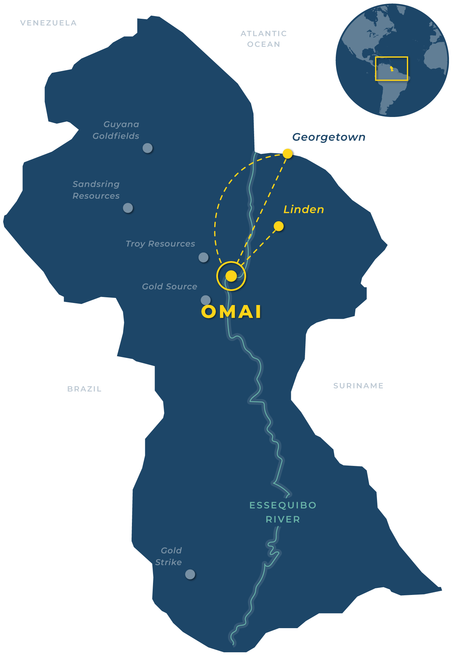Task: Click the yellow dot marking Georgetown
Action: coord(288,154)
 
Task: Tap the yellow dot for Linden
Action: coord(279,226)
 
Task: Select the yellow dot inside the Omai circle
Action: coord(231,276)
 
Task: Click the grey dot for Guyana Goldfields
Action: coord(147,148)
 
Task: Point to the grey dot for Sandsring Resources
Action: coord(128,208)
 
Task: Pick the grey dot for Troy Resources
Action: coord(203,257)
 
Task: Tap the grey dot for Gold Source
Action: coord(206,300)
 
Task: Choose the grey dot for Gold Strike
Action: coord(190,574)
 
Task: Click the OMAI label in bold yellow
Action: coord(231,312)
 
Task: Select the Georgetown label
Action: coord(328,137)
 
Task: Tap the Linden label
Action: coord(304,209)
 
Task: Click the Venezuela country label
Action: coord(49,23)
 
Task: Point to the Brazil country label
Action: coord(84,389)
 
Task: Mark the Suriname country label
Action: coord(358,386)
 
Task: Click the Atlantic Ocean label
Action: coord(264,39)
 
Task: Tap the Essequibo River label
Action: coord(283,512)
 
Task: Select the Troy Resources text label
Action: coord(160,244)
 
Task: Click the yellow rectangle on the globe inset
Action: coord(391,69)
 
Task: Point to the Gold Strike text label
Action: coord(169,556)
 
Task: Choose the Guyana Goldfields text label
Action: coord(116,130)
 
